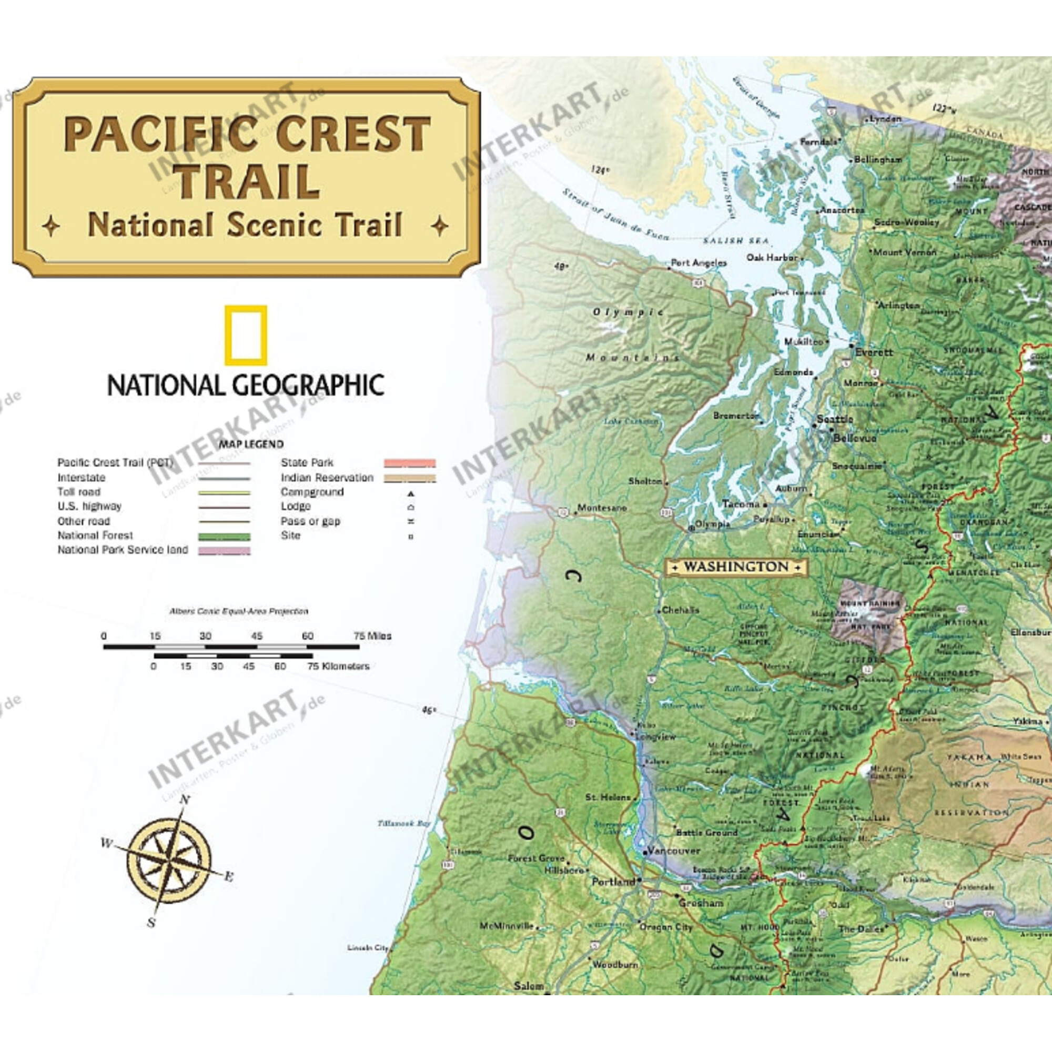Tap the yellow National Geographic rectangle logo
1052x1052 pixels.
coord(246,335)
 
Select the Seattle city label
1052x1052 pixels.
coord(835,419)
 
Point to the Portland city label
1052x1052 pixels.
coord(613,882)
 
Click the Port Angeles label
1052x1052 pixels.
coord(699,262)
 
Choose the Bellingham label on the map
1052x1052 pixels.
coord(878,159)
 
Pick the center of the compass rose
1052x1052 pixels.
coord(169,861)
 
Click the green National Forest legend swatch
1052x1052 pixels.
coord(225,537)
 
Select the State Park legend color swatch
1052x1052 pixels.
coord(409,463)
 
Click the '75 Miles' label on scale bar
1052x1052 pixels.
coord(372,636)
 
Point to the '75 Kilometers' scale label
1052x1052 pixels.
coord(338,666)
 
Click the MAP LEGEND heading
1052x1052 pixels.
coord(251,444)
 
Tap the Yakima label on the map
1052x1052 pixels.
coord(1027,722)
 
